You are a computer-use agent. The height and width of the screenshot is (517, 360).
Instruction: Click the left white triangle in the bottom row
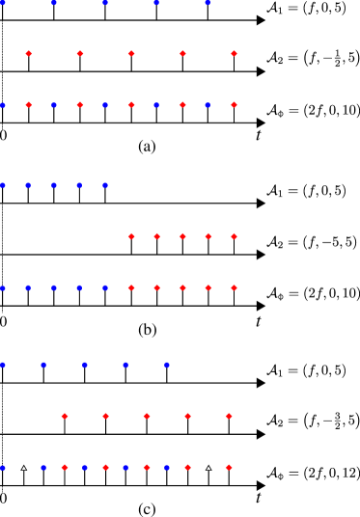(x=24, y=468)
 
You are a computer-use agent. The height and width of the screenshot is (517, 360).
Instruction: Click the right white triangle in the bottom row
(x=208, y=468)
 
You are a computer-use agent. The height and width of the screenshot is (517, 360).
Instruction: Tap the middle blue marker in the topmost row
(x=105, y=3)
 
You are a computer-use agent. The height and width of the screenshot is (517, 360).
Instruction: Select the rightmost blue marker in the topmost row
(x=208, y=3)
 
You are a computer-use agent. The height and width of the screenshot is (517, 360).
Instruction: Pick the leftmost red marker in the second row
(x=29, y=54)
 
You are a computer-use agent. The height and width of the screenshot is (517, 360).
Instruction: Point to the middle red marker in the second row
(x=131, y=54)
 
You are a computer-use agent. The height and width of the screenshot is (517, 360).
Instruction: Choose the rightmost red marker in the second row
(x=234, y=54)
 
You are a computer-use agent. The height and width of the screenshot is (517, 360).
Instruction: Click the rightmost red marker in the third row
(x=234, y=105)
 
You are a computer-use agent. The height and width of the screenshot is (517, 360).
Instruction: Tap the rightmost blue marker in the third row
(x=208, y=105)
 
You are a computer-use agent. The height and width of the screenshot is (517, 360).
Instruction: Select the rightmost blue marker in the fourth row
(x=105, y=185)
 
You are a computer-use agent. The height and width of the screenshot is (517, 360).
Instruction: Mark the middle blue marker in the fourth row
(x=54, y=185)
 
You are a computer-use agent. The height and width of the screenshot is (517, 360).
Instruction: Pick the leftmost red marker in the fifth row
(x=131, y=236)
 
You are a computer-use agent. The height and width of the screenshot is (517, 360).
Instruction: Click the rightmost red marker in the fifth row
(x=234, y=236)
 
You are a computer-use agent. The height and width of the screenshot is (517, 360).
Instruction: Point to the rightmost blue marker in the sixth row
(x=105, y=287)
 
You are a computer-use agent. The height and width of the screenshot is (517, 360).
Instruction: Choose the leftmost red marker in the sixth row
(x=131, y=287)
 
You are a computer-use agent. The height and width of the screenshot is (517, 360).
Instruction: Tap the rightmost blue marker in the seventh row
(x=167, y=365)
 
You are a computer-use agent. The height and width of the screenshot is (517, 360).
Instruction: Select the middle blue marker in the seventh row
(x=85, y=365)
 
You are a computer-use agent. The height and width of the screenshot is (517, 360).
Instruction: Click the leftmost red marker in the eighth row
(x=65, y=416)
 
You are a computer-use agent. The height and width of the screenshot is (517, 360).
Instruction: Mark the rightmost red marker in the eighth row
(x=229, y=416)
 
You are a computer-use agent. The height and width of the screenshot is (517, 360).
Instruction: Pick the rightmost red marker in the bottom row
(x=229, y=467)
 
